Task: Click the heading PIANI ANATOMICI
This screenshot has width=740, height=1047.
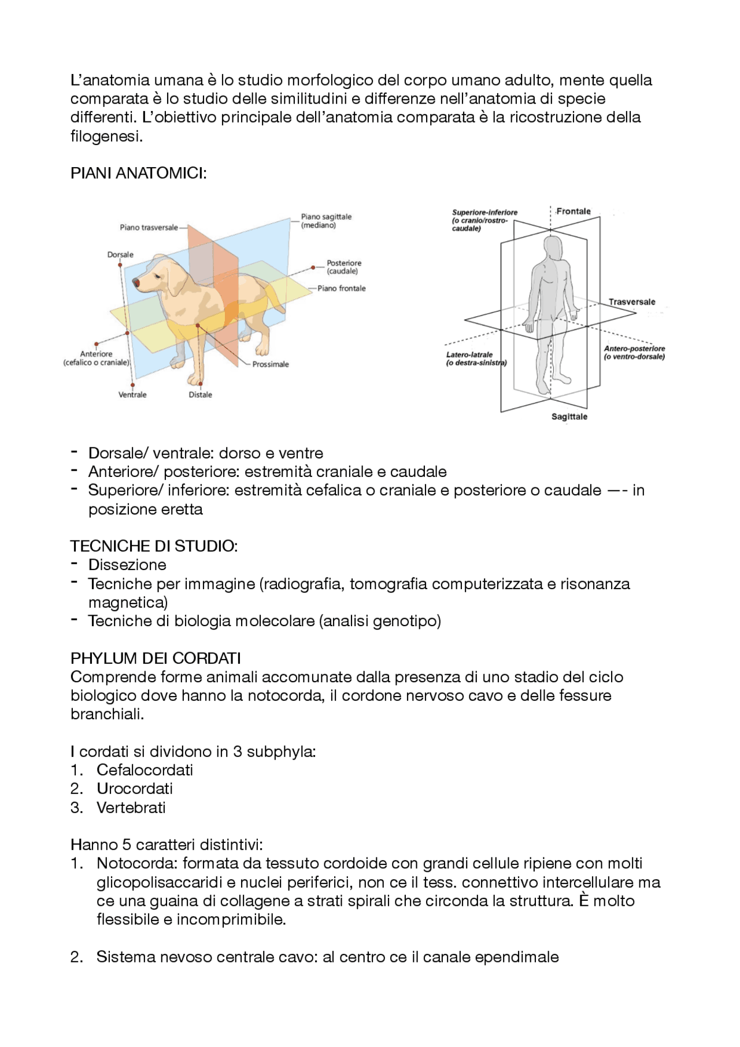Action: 139,173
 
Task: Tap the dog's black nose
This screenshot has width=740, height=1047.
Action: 136,283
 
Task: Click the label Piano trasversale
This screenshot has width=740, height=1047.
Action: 149,228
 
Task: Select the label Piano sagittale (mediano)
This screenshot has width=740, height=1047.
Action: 326,221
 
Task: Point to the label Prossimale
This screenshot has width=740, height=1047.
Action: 270,365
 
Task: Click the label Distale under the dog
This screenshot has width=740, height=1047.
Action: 201,395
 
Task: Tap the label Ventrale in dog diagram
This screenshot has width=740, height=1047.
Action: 132,395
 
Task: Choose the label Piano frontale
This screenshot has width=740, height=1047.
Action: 341,288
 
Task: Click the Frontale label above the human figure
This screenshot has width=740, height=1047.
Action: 573,212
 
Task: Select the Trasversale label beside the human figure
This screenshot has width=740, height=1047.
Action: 631,302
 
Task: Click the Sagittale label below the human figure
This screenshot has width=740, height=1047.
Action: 569,417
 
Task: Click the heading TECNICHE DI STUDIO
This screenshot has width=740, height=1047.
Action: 154,546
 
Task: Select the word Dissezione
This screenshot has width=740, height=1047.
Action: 127,565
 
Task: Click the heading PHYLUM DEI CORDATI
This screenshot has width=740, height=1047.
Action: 156,658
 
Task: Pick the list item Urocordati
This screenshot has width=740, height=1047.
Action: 135,789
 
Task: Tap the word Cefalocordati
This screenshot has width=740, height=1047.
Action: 145,770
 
